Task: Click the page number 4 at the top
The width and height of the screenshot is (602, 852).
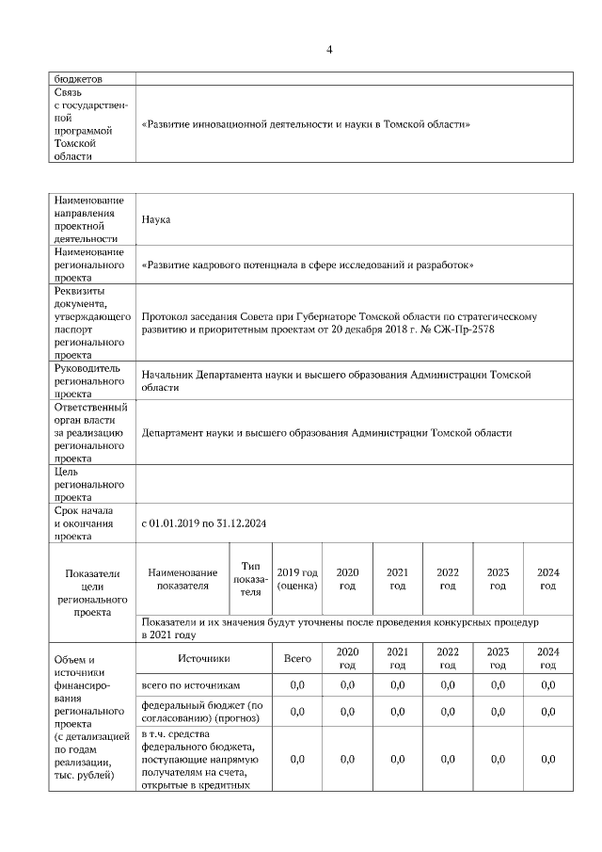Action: (x=328, y=49)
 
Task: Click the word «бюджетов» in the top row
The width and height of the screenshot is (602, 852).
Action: (x=78, y=79)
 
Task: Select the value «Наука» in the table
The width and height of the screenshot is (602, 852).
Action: (x=155, y=218)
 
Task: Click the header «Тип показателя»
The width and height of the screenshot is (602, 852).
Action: (x=250, y=578)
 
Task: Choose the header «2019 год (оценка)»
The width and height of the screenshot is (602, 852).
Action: (x=297, y=578)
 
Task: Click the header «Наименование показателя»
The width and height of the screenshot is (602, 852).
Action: (x=182, y=578)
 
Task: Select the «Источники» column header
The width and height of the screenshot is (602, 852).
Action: (x=203, y=658)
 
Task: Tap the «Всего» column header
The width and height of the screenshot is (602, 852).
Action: (x=297, y=658)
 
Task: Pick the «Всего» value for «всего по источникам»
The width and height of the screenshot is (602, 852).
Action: (x=297, y=685)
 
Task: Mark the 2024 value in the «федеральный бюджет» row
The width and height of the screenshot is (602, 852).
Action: (x=547, y=712)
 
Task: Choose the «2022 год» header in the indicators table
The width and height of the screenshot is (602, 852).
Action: (x=448, y=578)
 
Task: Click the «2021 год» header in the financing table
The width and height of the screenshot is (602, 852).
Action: (x=397, y=658)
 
